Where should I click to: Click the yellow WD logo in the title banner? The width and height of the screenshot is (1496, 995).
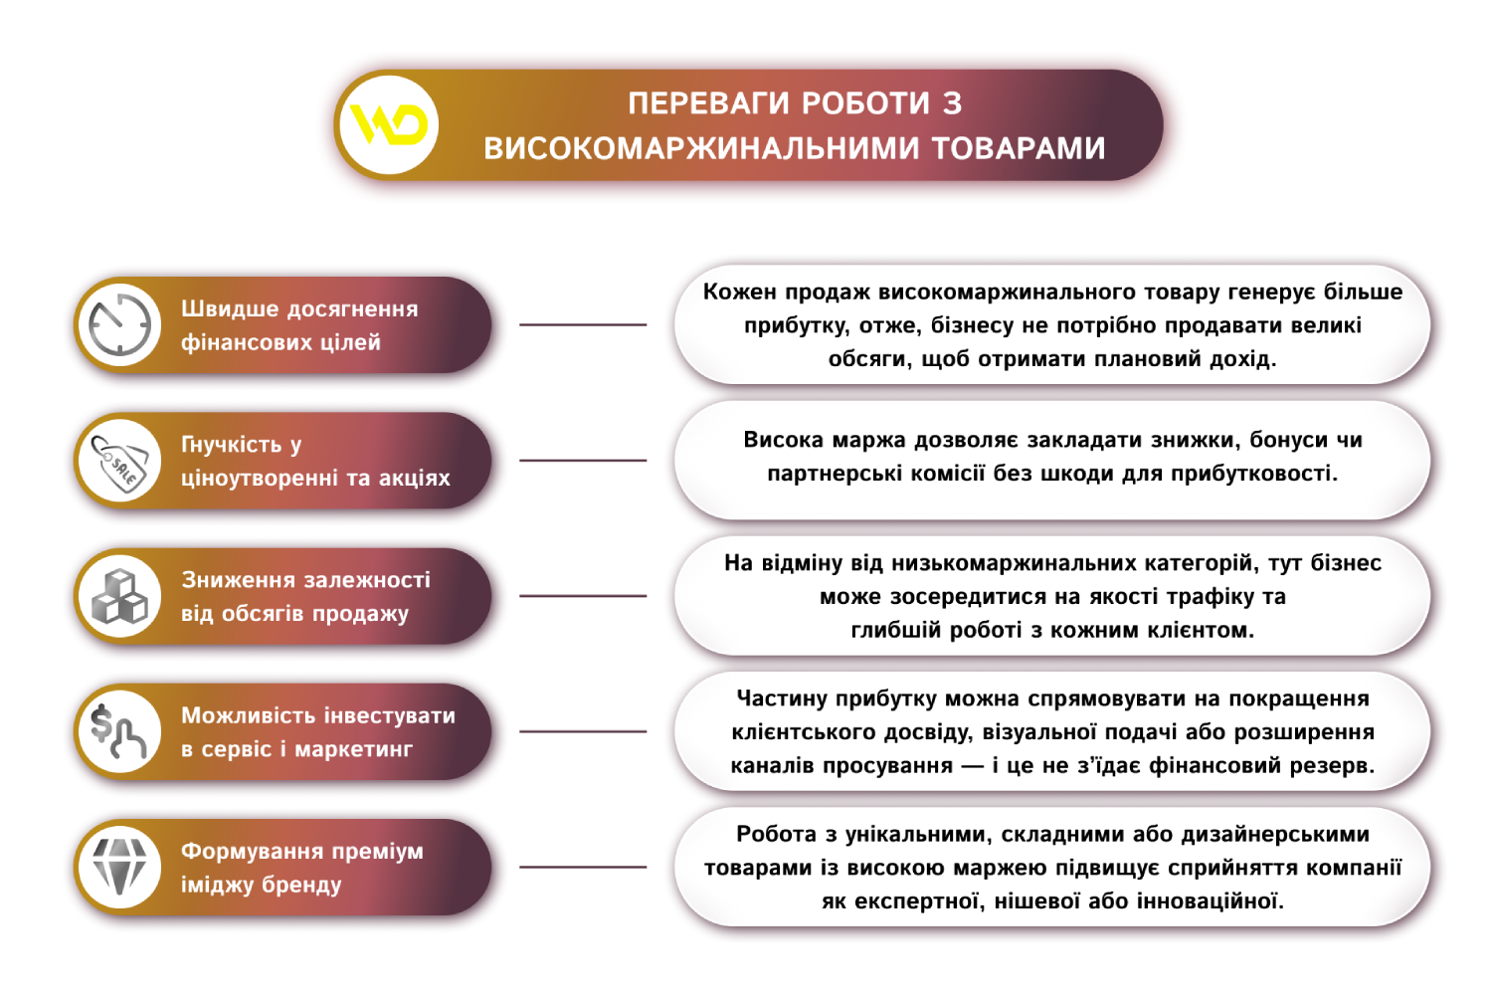click(389, 125)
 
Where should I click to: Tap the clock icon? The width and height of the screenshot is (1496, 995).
click(119, 324)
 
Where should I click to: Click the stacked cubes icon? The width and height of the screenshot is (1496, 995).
click(119, 597)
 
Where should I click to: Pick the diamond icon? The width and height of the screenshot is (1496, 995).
click(119, 868)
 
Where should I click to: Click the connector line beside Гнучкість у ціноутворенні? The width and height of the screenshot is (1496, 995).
click(583, 461)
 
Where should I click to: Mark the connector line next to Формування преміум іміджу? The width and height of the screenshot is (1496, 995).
click(583, 868)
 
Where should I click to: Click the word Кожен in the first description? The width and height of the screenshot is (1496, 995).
click(739, 292)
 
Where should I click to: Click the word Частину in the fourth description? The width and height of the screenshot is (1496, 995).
click(782, 698)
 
